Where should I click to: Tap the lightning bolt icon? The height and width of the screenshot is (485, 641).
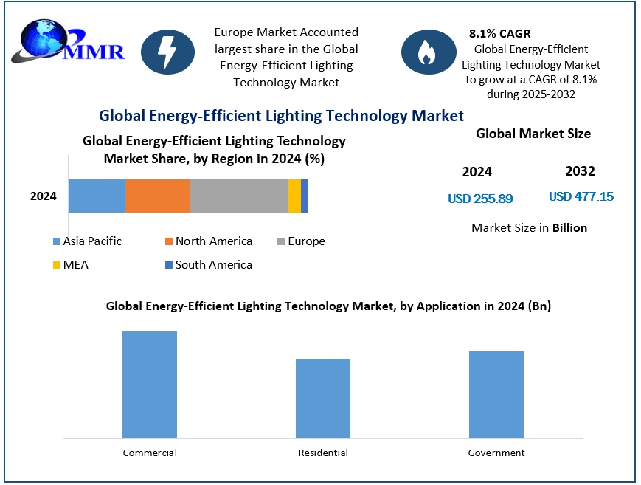[167, 52]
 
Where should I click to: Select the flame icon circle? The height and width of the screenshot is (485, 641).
[428, 52]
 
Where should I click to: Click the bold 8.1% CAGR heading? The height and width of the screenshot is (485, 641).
[499, 33]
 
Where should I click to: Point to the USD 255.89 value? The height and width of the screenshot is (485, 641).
[480, 199]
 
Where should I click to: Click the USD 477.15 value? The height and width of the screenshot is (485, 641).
[581, 196]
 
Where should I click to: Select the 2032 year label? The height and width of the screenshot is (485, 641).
[580, 171]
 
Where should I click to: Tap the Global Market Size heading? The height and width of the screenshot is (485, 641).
[533, 134]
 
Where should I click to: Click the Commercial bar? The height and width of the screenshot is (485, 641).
[150, 385]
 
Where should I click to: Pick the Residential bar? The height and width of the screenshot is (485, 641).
[323, 399]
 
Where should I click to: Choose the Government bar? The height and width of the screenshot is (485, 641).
[496, 395]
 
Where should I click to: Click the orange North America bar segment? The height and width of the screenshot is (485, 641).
[158, 196]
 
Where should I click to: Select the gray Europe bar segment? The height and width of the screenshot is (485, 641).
[239, 196]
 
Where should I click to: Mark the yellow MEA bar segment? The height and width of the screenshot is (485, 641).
[294, 196]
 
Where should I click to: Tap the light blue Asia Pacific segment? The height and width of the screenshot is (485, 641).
[97, 196]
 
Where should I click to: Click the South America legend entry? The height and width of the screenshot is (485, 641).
[208, 264]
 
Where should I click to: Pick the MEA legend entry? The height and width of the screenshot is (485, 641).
[70, 264]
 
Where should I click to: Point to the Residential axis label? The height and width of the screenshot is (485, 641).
[323, 453]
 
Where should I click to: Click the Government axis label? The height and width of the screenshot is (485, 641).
[496, 453]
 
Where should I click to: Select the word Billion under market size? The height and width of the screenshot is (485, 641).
[569, 227]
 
